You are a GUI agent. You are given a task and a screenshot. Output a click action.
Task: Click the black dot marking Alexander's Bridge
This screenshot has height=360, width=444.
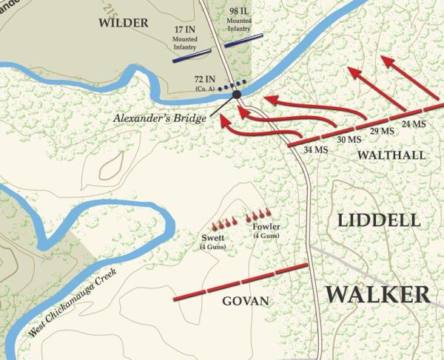[x=237, y=95]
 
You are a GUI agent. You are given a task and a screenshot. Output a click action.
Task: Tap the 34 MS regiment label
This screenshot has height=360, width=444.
[x=315, y=151]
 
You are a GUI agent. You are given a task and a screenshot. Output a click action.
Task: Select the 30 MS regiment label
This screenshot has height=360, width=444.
[x=349, y=140]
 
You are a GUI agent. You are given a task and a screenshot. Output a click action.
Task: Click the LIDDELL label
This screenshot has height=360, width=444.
[x=378, y=220]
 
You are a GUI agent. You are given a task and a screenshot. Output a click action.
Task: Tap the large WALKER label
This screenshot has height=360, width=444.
[x=377, y=293]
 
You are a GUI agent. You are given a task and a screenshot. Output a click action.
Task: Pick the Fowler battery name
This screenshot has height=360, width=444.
[x=266, y=227]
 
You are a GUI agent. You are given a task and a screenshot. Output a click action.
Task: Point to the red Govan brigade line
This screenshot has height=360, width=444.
[x=240, y=282]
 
